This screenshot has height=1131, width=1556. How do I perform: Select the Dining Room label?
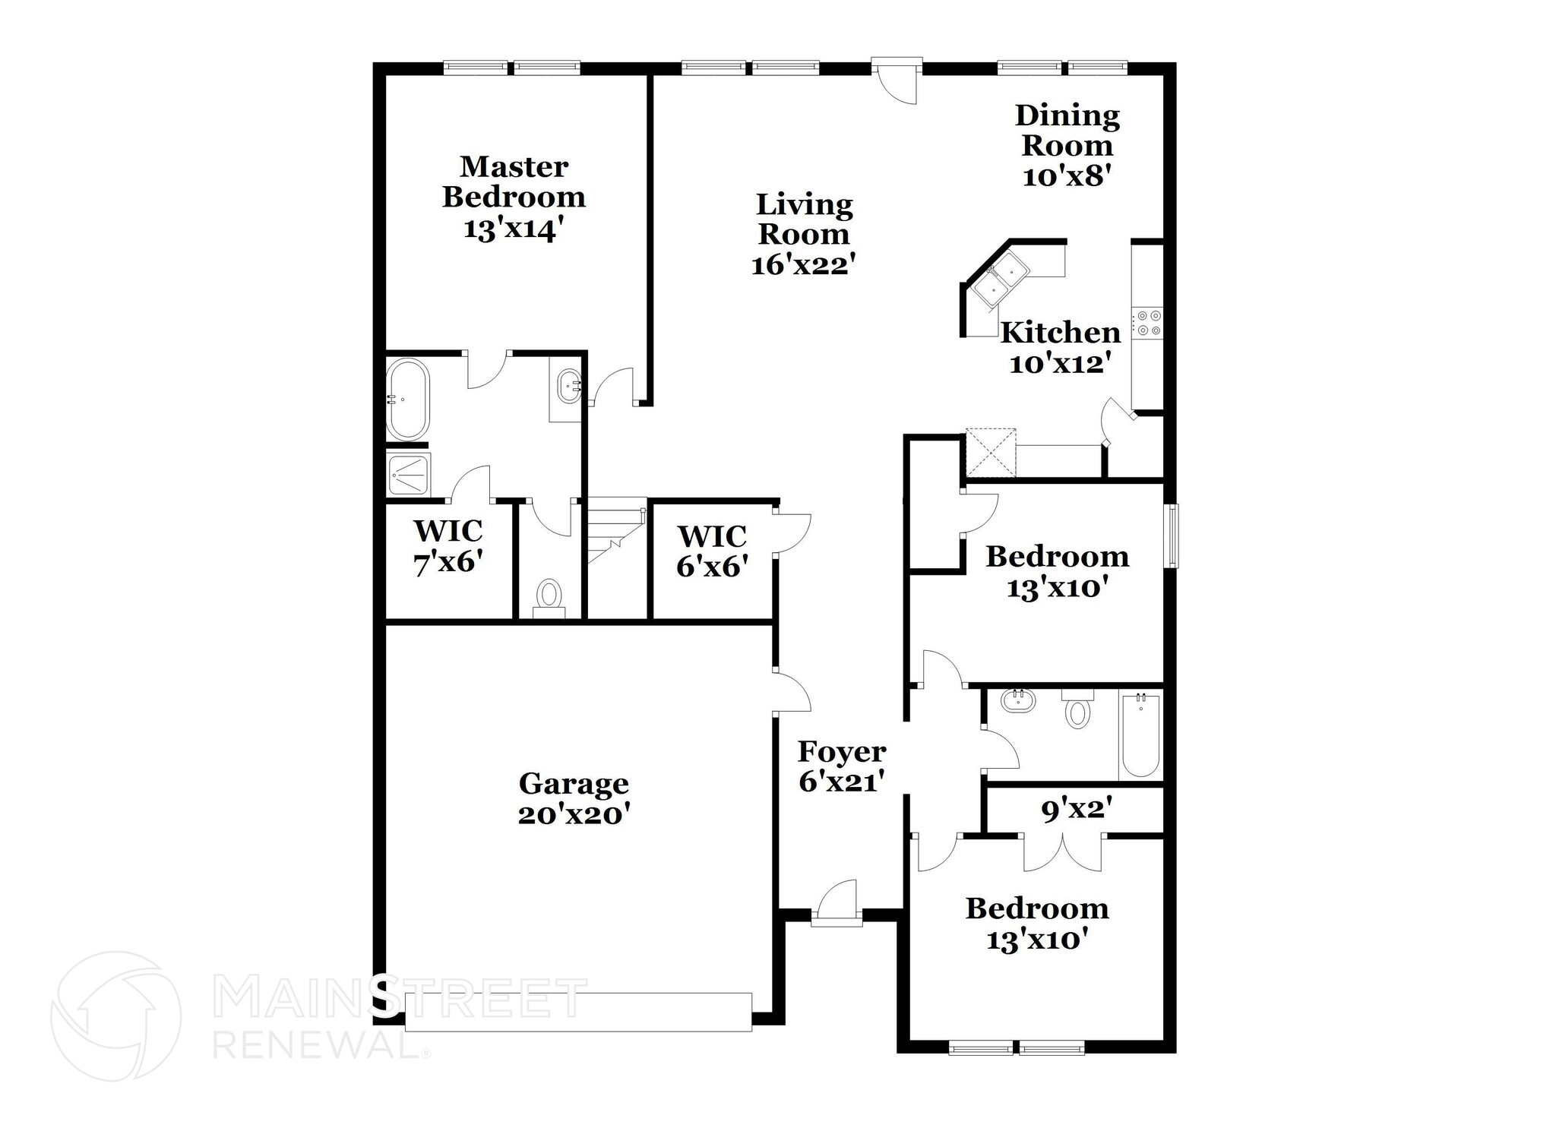[1067, 130]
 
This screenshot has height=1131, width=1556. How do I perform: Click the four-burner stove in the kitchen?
[1146, 322]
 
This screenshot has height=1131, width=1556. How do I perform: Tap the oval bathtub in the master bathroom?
[407, 399]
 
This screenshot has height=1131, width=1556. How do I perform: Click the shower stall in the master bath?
[408, 475]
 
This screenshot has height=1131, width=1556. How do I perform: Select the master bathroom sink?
[568, 385]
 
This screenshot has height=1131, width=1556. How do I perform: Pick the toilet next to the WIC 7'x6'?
[548, 594]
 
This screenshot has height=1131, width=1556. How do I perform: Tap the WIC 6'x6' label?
[712, 551]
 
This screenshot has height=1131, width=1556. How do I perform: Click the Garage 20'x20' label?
[574, 798]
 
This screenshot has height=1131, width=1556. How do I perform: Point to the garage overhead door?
[577, 1012]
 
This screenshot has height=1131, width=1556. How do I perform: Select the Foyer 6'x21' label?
[841, 766]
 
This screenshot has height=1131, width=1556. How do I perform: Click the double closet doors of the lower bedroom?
[1062, 852]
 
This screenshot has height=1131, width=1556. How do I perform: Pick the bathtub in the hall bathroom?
[1140, 735]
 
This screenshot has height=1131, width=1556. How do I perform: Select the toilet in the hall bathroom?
[1077, 711]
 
